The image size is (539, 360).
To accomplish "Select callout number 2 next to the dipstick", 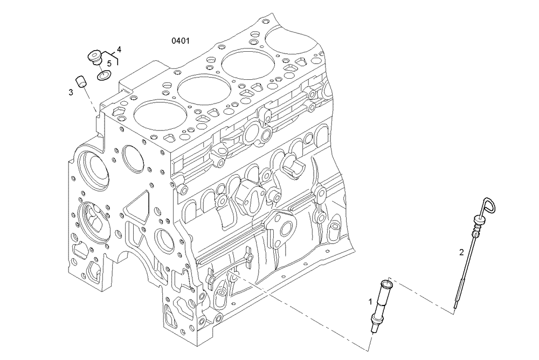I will pyautogui.click(x=461, y=252).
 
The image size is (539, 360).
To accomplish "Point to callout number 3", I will pyautogui.click(x=71, y=93).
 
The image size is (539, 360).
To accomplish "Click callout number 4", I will pyautogui.click(x=119, y=49).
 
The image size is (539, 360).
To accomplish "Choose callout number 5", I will pyautogui.click(x=109, y=63).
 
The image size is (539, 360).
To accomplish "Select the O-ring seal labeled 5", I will pyautogui.click(x=104, y=75).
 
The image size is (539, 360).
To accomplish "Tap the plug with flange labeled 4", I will pyautogui.click(x=95, y=57).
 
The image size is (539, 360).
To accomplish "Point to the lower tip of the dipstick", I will pyautogui.click(x=456, y=307).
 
